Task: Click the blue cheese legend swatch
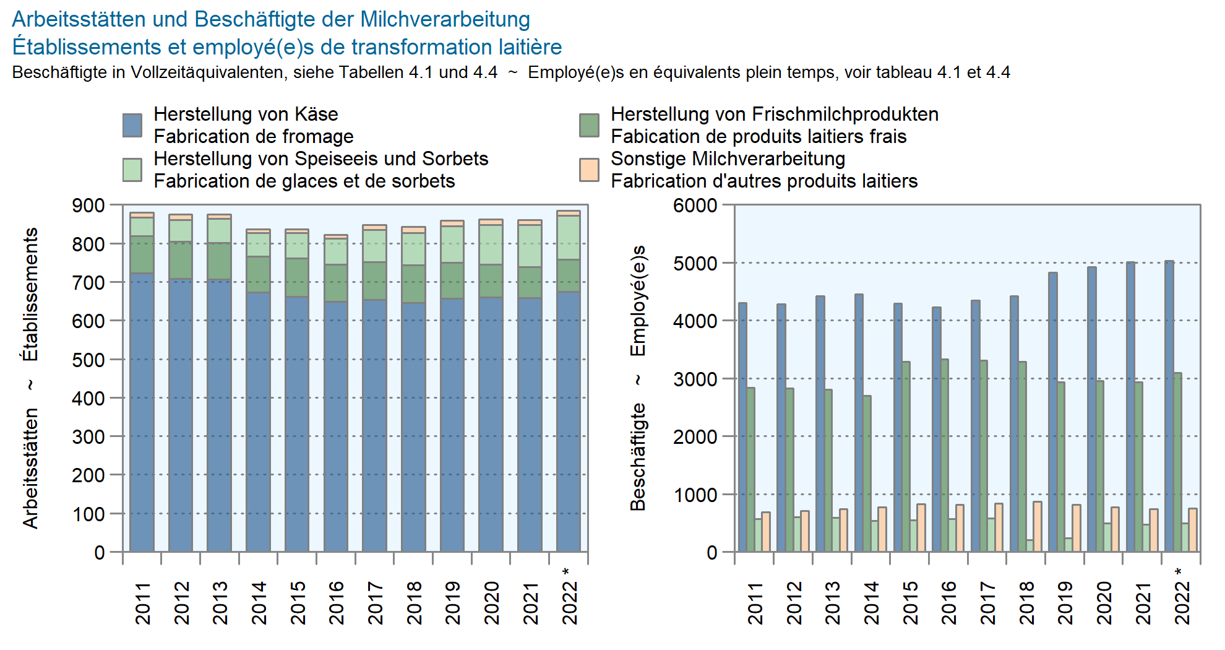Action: click(x=132, y=125)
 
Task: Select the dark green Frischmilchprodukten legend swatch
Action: click(x=589, y=125)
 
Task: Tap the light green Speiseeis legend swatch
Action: click(x=132, y=170)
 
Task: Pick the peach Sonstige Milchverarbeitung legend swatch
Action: click(x=589, y=170)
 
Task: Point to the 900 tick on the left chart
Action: click(x=88, y=206)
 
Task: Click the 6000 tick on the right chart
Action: click(x=695, y=206)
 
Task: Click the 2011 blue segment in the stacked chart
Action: click(x=142, y=412)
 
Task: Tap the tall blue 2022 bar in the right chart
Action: click(x=1169, y=406)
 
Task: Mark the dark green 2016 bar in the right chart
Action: click(x=944, y=456)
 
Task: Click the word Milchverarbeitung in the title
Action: click(x=445, y=19)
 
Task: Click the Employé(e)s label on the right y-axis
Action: click(x=638, y=301)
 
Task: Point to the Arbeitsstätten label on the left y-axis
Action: click(x=30, y=468)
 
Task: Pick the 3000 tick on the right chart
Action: click(x=695, y=379)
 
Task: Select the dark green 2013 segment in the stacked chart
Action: click(x=219, y=261)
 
